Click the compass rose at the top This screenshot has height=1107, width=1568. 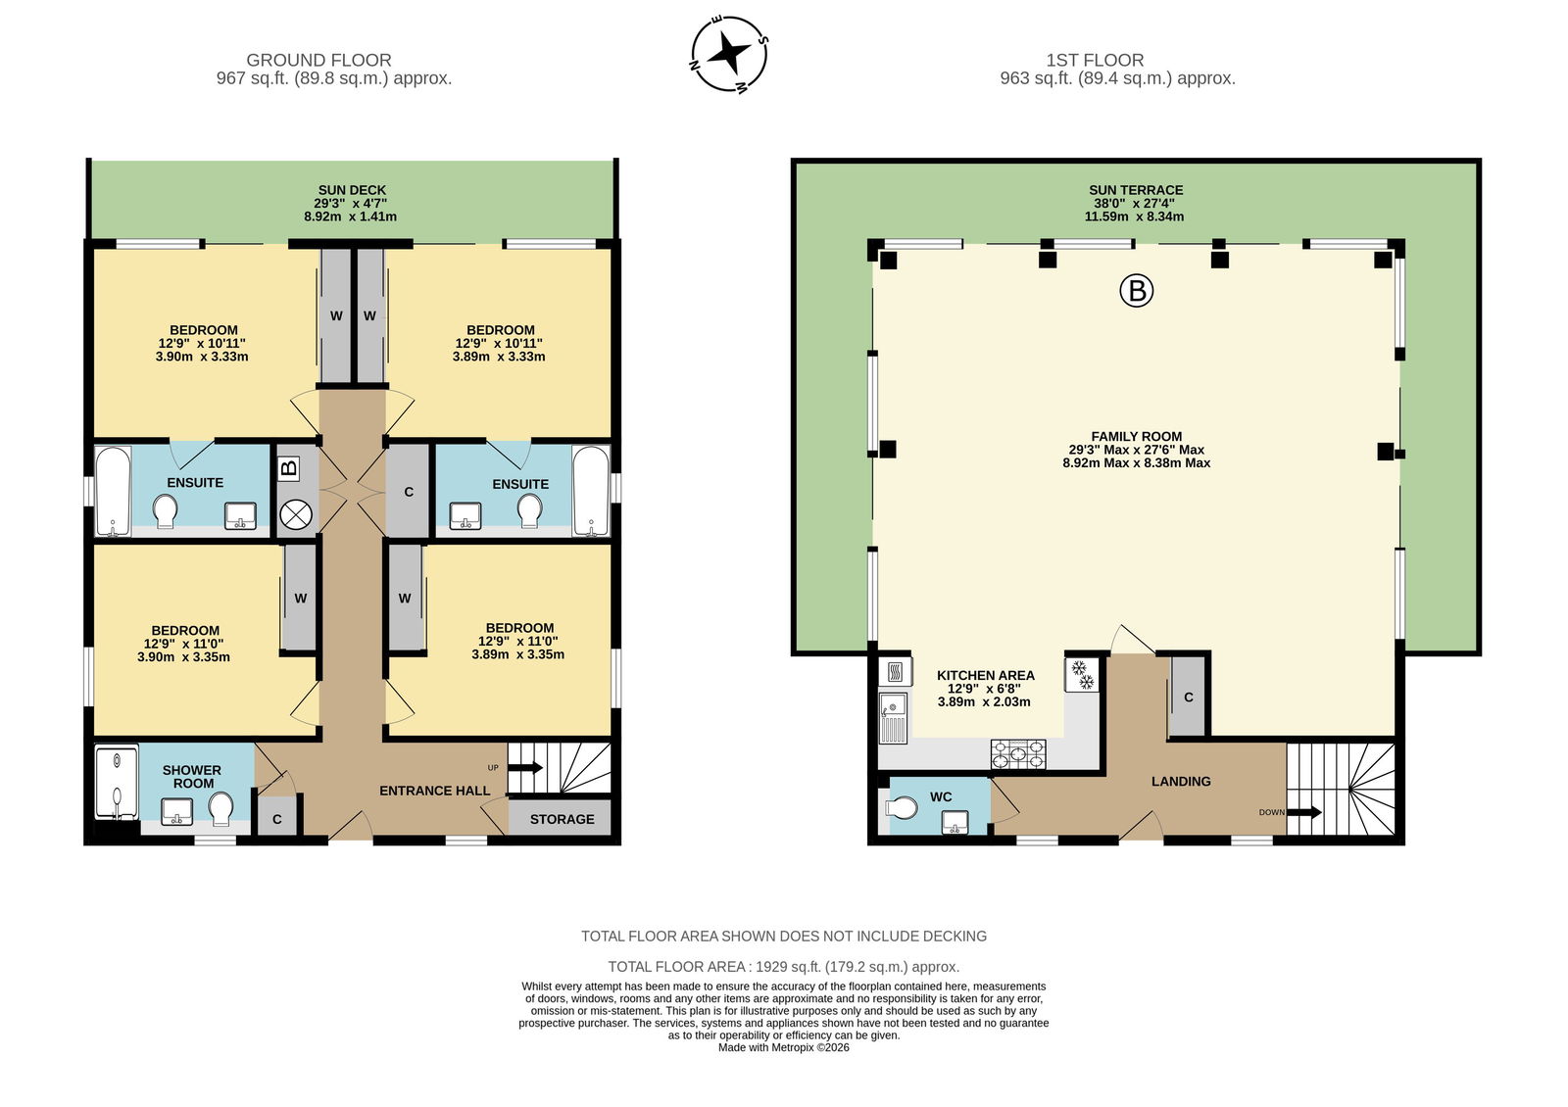click(x=729, y=54)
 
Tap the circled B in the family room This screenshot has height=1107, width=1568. click(x=1136, y=290)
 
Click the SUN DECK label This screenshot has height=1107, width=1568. click(x=352, y=190)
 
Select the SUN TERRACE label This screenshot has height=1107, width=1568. click(x=1136, y=190)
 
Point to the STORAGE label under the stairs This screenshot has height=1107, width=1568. click(x=562, y=819)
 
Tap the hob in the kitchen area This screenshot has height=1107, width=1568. click(x=1018, y=753)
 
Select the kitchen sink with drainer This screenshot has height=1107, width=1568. click(x=893, y=717)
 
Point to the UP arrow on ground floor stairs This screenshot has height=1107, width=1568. click(x=524, y=768)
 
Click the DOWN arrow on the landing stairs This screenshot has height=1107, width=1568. click(x=1304, y=812)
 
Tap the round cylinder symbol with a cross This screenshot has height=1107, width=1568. click(x=295, y=515)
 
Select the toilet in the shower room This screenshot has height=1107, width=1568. click(x=221, y=808)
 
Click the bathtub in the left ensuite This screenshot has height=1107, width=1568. click(x=113, y=491)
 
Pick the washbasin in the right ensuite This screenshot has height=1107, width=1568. click(x=465, y=515)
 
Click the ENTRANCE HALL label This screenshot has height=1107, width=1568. click(x=434, y=791)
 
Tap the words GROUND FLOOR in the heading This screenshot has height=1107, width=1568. click(x=318, y=60)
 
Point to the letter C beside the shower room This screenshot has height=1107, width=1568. click(x=277, y=819)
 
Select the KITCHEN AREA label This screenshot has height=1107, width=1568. click(x=986, y=675)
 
